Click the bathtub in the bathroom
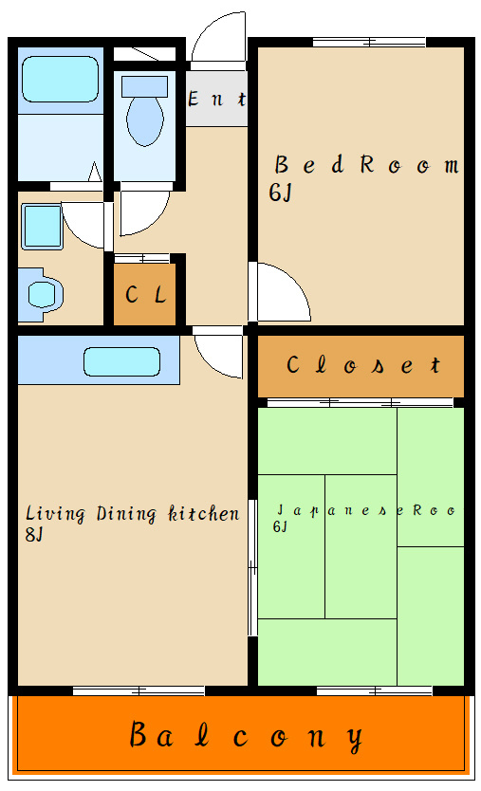pos(60,80)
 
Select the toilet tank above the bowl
pos(145,86)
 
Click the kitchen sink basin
pos(121,361)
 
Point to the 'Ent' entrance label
pos(217,99)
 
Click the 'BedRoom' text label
pos(367,165)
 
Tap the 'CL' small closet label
pos(146,294)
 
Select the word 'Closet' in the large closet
pos(363,364)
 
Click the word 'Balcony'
pos(247,737)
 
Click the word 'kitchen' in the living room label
pos(203,513)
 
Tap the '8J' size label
pos(34,534)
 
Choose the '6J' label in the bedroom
pos(280,193)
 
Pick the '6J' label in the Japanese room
pos(280,526)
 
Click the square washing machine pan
pos(42,227)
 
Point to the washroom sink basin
pos(42,295)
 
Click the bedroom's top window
pos(369,43)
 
